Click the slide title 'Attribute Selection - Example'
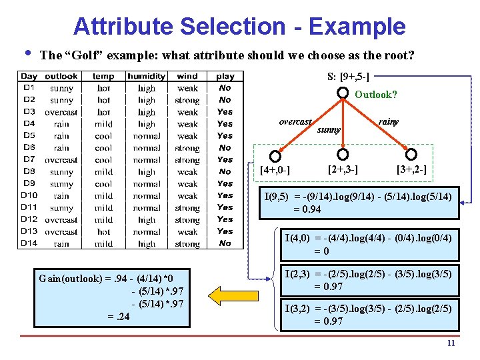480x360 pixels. coord(239,26)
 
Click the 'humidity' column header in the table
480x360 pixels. coord(146,77)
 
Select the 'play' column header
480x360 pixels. coord(225,77)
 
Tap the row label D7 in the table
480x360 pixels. coord(29,160)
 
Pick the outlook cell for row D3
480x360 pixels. coord(61,112)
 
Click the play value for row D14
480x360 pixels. coord(225,243)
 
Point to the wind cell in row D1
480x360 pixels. coord(187,88)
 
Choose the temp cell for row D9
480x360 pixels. coord(103,184)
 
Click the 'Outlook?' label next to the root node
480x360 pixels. coord(376,95)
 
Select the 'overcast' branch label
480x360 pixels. coord(295,122)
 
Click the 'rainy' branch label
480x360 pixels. coord(388,122)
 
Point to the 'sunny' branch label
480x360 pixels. coord(328,129)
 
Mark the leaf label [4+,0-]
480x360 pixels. coord(275,170)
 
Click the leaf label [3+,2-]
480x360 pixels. coord(411,170)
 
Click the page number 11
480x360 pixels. coord(451,343)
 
